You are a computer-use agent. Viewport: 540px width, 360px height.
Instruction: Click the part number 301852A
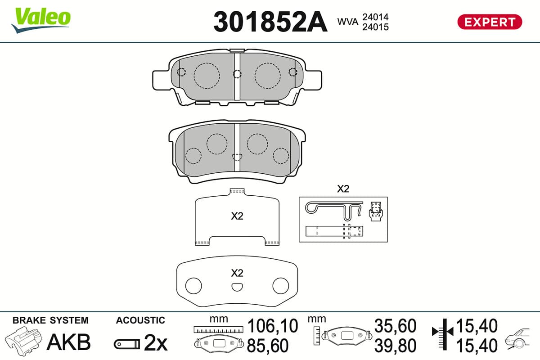(x=270, y=22)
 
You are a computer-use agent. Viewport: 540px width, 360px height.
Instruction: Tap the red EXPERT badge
(x=490, y=22)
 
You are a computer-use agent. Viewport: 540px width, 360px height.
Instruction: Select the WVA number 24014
(x=375, y=17)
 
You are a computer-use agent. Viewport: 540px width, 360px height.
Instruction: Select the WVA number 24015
(x=375, y=27)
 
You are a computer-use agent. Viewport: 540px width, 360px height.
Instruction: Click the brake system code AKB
(x=69, y=342)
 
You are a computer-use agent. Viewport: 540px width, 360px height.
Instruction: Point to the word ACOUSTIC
(x=140, y=320)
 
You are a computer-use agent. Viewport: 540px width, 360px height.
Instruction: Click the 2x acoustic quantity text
(x=156, y=342)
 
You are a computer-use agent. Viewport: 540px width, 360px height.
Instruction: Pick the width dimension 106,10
(x=273, y=326)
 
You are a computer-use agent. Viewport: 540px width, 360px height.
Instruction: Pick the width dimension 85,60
(x=268, y=346)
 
